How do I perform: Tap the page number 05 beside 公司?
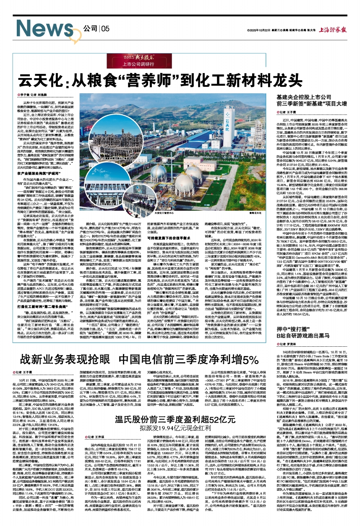(x=104, y=29)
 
